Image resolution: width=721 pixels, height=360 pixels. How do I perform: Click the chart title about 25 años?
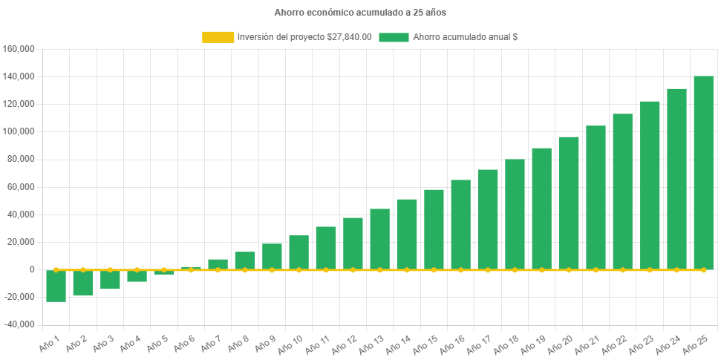coord(360,13)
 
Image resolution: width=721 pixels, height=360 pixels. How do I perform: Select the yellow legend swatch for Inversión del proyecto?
coord(218,37)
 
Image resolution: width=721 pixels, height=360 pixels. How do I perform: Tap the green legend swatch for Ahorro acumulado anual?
coord(394,37)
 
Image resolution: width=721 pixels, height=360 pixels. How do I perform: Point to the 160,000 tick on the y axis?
coord(20,49)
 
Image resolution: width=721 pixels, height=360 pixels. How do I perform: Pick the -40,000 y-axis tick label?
coord(20,324)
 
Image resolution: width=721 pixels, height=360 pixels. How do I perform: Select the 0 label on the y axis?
coord(32,269)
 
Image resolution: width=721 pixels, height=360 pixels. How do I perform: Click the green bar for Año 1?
coord(56,286)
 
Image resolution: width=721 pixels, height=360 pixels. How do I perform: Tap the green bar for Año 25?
coord(703,172)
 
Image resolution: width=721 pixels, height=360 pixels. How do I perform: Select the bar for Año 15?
coord(434,229)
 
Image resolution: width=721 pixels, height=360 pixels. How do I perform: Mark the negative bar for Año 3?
coord(110,279)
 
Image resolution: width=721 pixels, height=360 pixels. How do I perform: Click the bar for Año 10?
coord(298,252)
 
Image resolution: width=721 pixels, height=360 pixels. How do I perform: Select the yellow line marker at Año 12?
coord(353,270)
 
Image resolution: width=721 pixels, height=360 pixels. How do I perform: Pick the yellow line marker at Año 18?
coord(515,270)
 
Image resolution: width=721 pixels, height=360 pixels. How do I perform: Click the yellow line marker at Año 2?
coord(83,269)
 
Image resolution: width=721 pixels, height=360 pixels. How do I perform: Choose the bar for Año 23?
coord(650,185)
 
